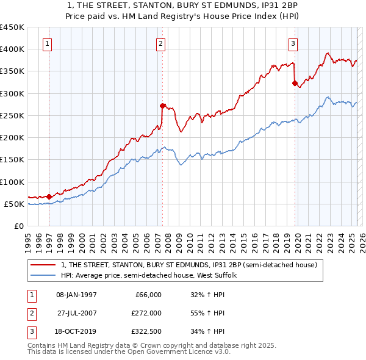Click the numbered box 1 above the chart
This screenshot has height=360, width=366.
pos(48,43)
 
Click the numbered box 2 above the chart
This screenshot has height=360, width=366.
pos(160,43)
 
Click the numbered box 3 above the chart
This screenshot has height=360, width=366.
pos(293,43)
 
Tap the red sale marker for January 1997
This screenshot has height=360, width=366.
pos(49,196)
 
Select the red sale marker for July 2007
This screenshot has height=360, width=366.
pos(163,105)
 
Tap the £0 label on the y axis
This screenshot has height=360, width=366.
pos(18,226)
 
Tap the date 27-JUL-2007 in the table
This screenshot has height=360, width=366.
pos(76,313)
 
